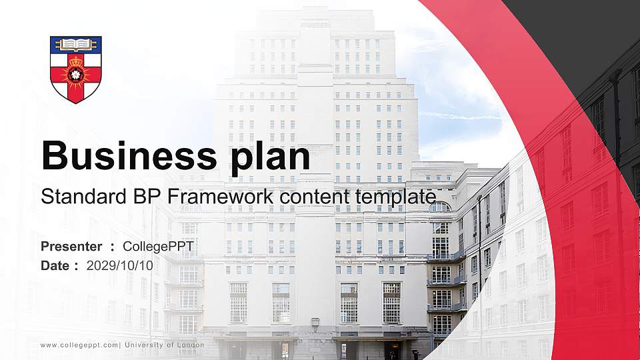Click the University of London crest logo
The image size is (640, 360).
[76, 69]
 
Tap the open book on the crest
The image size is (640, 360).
[76, 45]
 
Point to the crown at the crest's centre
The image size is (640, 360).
[76, 65]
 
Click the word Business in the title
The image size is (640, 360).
[124, 156]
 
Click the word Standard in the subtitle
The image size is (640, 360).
[79, 197]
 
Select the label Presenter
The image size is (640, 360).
[71, 247]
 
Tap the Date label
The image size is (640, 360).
[56, 265]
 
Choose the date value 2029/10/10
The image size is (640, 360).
[120, 265]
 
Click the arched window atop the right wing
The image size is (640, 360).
[439, 207]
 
